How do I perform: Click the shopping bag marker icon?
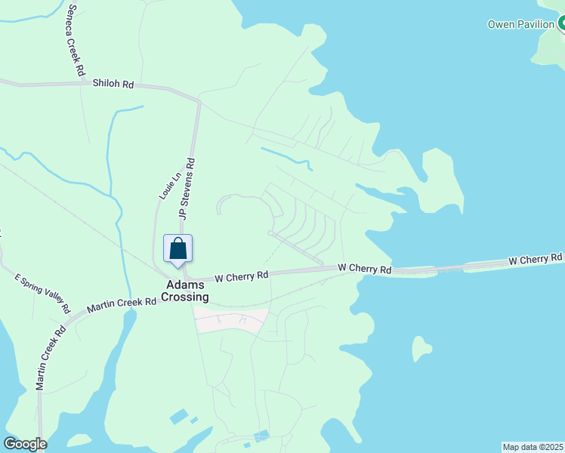[x=178, y=248]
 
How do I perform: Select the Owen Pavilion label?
[x=520, y=24]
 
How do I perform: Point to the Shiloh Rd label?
[x=113, y=85]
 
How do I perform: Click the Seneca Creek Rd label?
[x=75, y=39]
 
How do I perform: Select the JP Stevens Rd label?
[x=187, y=188]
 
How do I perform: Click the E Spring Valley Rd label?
[x=43, y=293]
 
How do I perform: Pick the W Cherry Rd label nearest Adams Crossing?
[x=242, y=277]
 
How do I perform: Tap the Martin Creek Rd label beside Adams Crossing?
[x=121, y=304]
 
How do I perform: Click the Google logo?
[x=25, y=444]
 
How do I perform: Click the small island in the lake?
[x=421, y=348]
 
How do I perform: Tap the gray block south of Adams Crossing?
[x=230, y=320]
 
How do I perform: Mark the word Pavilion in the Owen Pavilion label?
[x=536, y=24]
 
